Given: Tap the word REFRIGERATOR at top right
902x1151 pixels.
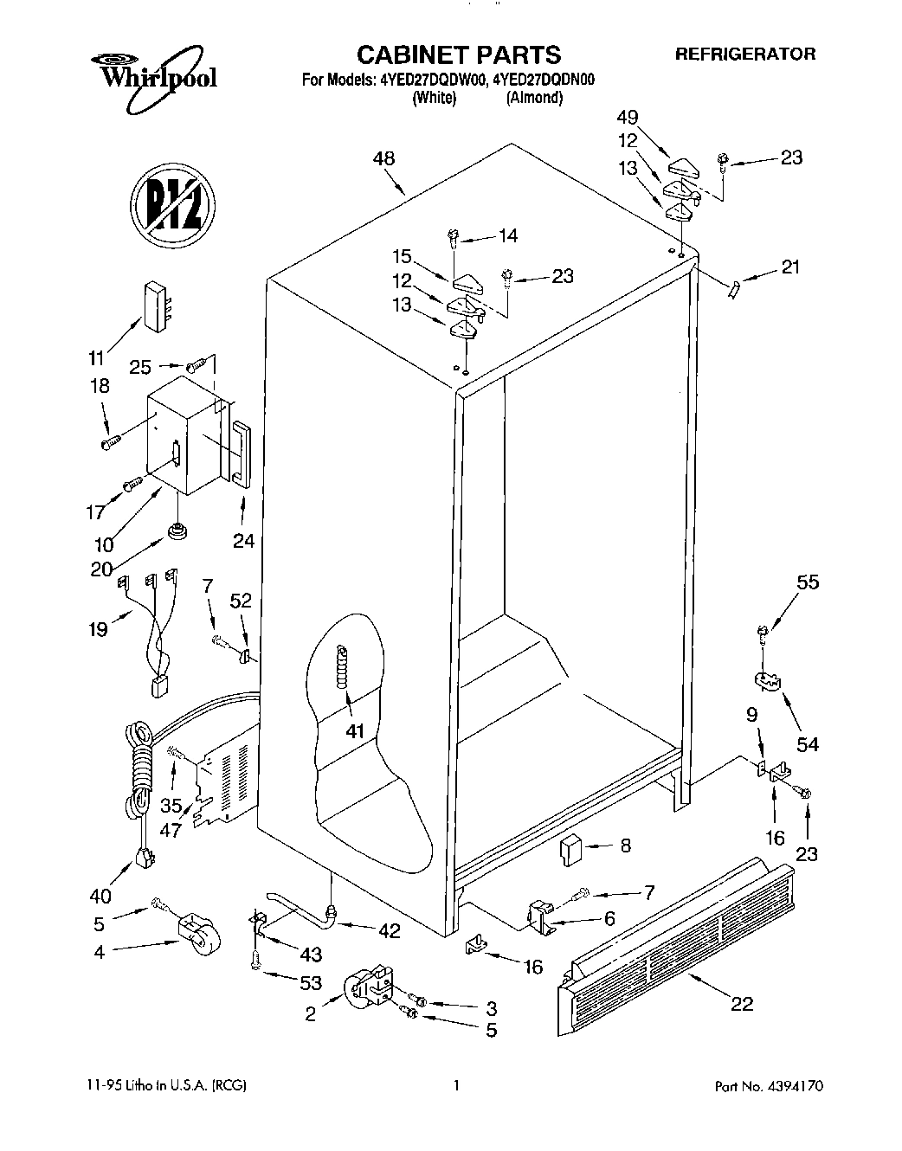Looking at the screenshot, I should point(744,54).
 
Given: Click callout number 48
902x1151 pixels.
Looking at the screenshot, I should point(383,158).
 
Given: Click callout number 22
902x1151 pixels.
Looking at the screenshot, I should point(742,1003).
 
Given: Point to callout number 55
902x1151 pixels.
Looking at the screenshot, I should point(807,582).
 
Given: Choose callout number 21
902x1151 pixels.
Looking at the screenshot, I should point(789,267).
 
